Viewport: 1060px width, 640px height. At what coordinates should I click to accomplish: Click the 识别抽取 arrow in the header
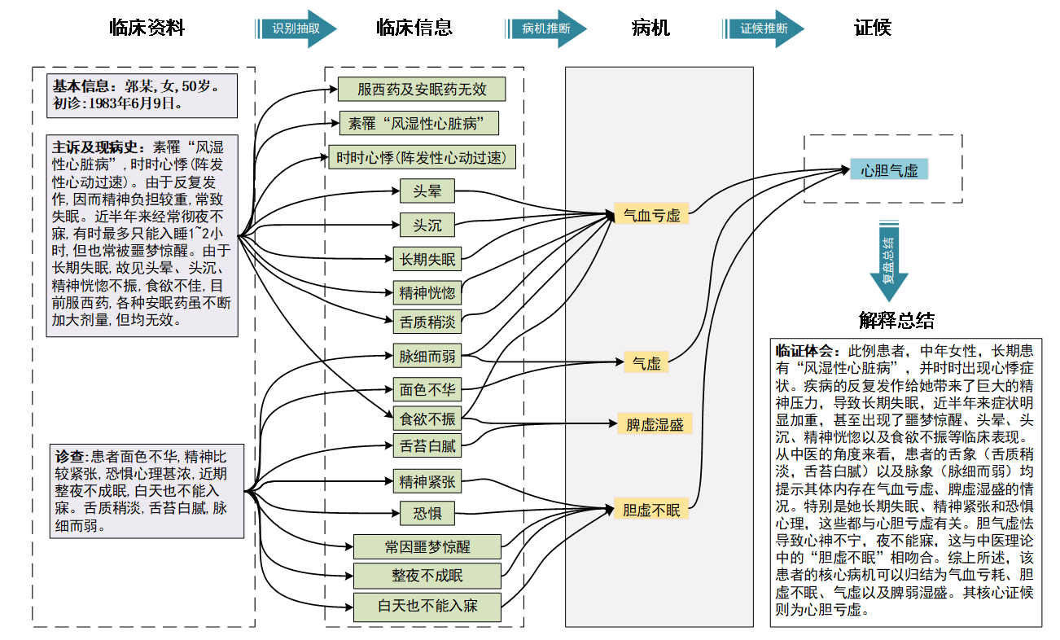coord(296,28)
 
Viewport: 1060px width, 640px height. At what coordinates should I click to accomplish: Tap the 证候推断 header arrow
coord(763,28)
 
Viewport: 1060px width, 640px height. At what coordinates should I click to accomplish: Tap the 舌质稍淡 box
coord(427,322)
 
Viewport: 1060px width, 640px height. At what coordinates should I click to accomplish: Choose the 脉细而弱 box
coord(427,356)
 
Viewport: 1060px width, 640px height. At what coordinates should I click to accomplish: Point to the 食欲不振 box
coord(427,419)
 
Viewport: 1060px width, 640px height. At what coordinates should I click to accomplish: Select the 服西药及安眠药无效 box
coord(423,90)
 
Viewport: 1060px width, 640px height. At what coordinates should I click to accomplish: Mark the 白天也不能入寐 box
coord(427,607)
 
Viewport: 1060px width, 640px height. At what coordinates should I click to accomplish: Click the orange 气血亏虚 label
coord(651,215)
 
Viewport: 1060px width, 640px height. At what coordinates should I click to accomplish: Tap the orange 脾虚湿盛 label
coord(655,424)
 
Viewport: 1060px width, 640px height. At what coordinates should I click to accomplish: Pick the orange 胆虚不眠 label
coord(651,511)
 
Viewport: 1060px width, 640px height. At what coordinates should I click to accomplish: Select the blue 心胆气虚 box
coord(889,171)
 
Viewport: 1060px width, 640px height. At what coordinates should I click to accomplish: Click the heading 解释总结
coord(896,320)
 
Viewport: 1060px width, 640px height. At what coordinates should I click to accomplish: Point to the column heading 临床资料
coord(147,28)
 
